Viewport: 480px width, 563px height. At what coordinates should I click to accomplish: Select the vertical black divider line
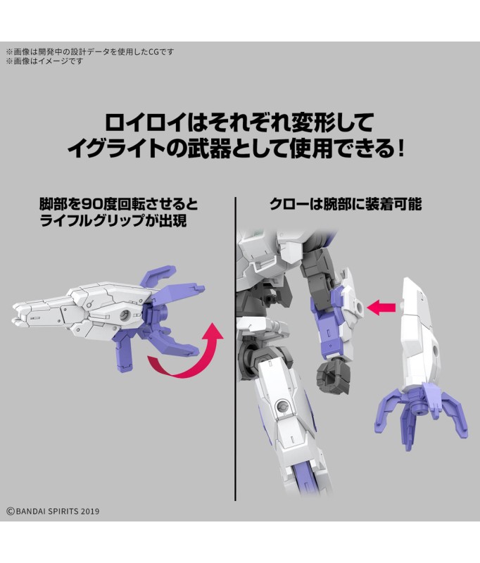pos(235,348)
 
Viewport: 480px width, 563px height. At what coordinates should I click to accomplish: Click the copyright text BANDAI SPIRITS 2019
pos(53,511)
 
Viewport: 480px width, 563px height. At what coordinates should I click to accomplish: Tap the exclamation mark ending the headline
pos(401,148)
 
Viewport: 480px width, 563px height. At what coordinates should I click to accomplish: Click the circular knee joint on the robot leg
pos(282,407)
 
